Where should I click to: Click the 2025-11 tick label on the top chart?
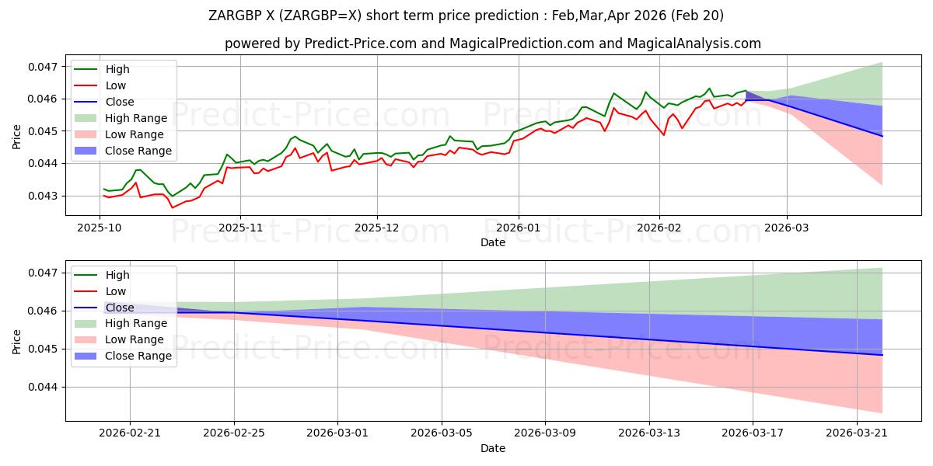(x=240, y=228)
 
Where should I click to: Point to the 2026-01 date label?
(x=519, y=228)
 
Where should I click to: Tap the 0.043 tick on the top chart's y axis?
(x=43, y=196)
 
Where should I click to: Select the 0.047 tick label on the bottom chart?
(x=43, y=273)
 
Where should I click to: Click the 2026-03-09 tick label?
(x=545, y=433)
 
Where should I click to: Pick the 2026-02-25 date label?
(x=234, y=433)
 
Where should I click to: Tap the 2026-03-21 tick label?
(x=857, y=433)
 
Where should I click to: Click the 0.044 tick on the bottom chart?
(x=43, y=388)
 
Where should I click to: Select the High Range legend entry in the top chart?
(x=121, y=118)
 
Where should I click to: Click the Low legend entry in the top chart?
(x=100, y=85)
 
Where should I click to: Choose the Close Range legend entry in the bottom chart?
(x=123, y=356)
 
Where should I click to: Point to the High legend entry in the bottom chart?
(x=102, y=275)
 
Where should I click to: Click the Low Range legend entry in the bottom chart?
(x=119, y=340)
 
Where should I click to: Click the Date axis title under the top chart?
(x=493, y=242)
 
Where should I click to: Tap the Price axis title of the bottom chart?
(x=16, y=342)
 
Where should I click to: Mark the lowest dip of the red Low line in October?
(x=173, y=207)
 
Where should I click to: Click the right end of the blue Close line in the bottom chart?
(x=882, y=355)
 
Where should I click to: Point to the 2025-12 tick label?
(x=376, y=228)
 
